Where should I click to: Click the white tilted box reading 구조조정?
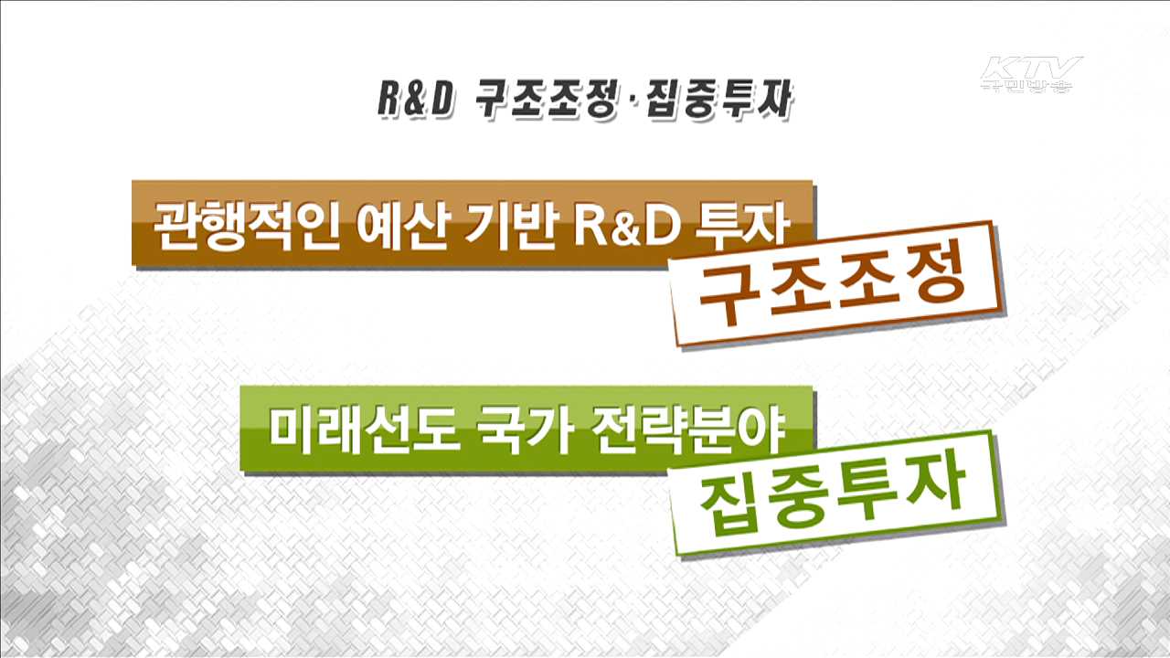coord(832,284)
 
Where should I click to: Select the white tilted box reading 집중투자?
coord(832,493)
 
